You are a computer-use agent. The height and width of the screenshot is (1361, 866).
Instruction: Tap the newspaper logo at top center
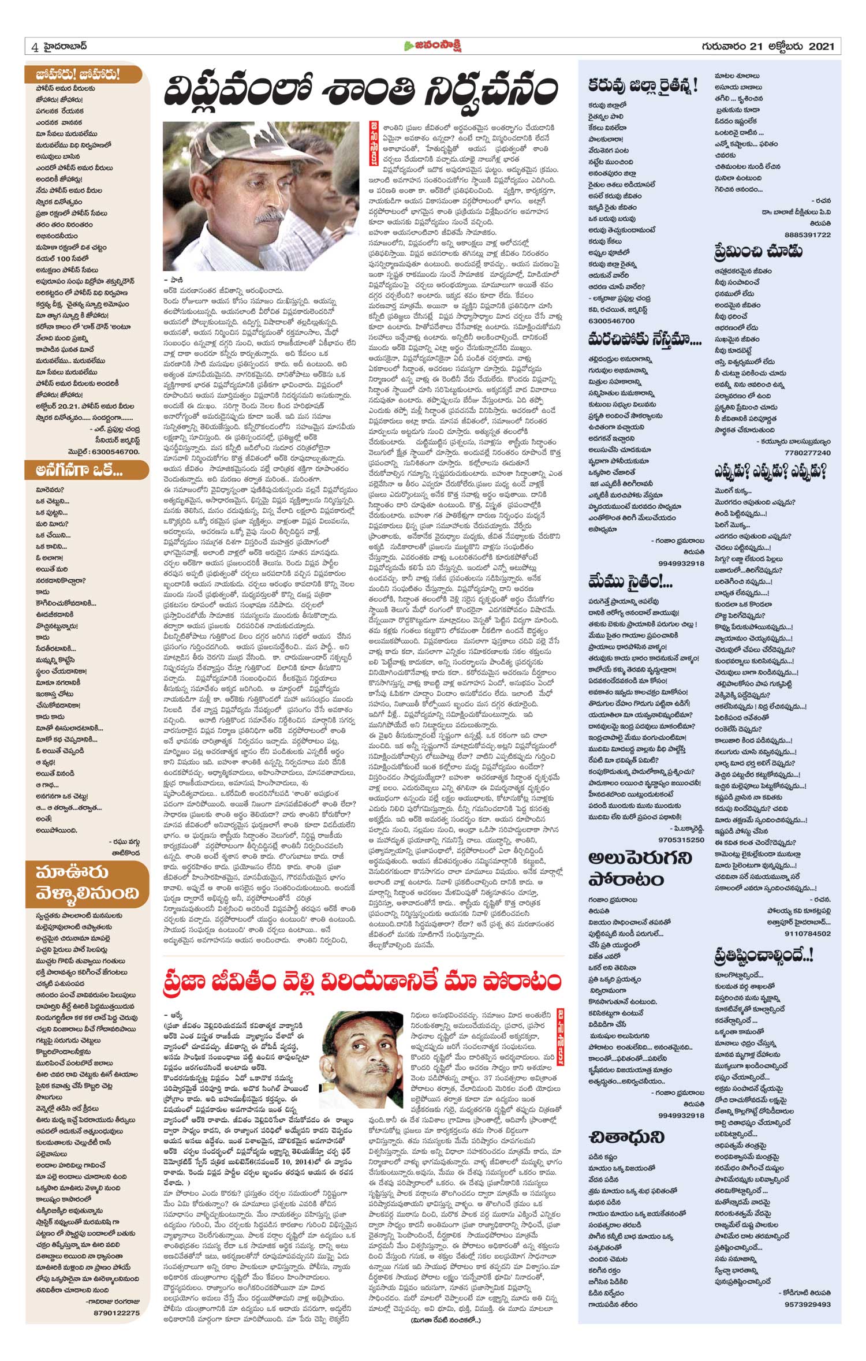click(433, 46)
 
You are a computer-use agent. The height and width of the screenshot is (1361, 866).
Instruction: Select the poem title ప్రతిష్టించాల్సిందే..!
click(763, 956)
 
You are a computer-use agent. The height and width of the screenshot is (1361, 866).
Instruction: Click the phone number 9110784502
click(808, 933)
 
